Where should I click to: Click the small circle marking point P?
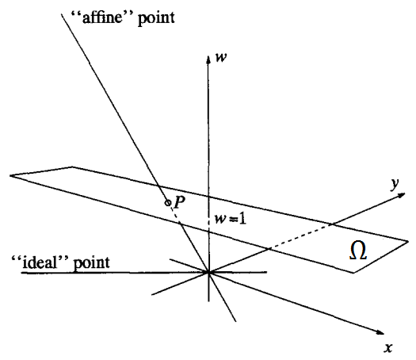[x=168, y=203]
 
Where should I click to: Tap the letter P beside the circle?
[x=179, y=202]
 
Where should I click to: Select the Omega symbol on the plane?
[x=358, y=251]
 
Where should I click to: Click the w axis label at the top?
[x=221, y=58]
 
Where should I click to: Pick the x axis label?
[x=388, y=348]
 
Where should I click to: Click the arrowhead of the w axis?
[x=208, y=59]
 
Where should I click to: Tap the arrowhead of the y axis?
[x=401, y=195]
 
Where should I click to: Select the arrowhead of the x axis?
[x=380, y=332]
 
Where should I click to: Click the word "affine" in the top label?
[x=102, y=18]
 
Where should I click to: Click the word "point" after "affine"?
[x=156, y=19]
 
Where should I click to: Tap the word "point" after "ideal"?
[x=92, y=263]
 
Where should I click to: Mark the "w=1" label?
[x=231, y=220]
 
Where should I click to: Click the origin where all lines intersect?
[x=208, y=272]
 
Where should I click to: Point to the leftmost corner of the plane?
[x=10, y=175]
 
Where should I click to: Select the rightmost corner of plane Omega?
[x=408, y=241]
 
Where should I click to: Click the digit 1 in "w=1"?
[x=242, y=220]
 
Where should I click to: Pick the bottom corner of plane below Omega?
[x=353, y=273]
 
